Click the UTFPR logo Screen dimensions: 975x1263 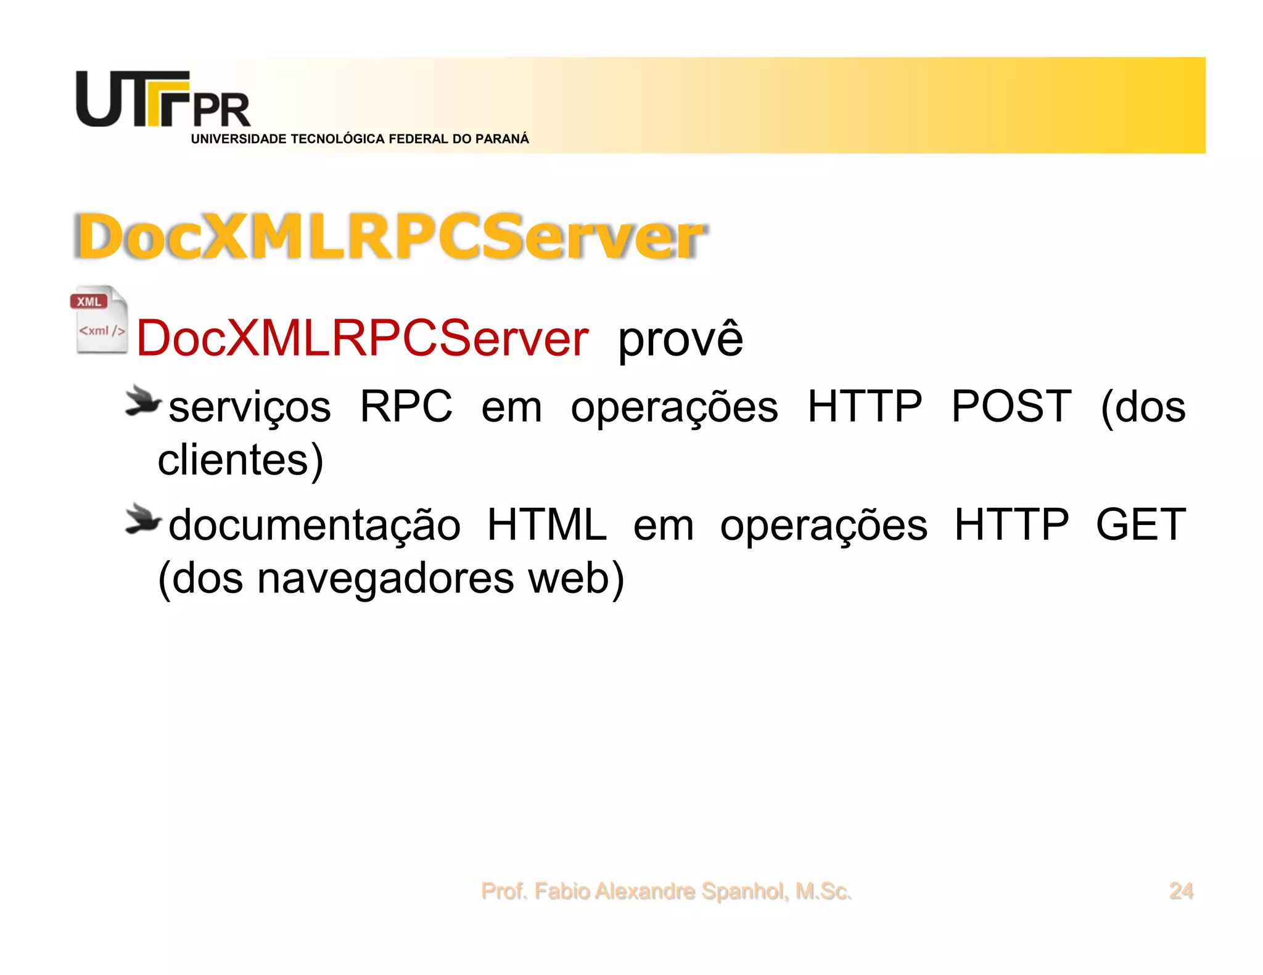click(163, 100)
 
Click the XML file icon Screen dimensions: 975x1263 click(99, 320)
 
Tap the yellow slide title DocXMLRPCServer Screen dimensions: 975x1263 click(390, 237)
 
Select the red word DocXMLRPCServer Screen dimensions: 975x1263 click(362, 338)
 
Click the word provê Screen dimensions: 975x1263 click(680, 338)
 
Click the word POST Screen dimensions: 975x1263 click(1011, 407)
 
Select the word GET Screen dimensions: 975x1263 click(1140, 525)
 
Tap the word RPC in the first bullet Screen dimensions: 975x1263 click(406, 407)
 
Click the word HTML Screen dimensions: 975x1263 click(546, 525)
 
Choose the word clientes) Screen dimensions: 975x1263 click(241, 460)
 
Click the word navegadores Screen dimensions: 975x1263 click(385, 578)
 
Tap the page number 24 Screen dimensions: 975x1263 click(1181, 891)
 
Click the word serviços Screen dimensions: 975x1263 click(250, 407)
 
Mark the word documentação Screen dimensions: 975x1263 click(315, 525)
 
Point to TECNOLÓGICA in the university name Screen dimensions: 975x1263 click(338, 139)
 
